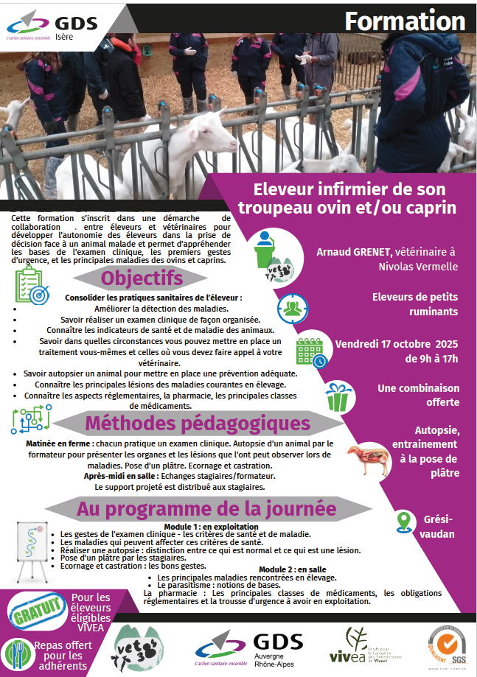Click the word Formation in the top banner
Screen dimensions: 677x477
[x=405, y=21]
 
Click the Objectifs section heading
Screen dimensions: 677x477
[x=141, y=279]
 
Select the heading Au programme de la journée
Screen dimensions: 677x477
[x=206, y=508]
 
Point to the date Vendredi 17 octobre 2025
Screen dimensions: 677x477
[x=397, y=344]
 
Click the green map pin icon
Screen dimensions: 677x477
[x=403, y=521]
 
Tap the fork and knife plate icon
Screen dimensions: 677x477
[x=16, y=653]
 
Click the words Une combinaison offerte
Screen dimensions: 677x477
[x=418, y=395]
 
